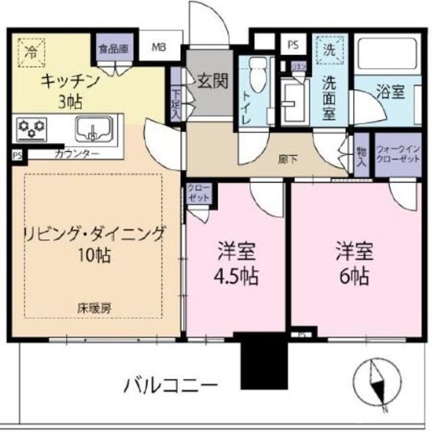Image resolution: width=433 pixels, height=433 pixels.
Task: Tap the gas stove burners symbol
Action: tap(32, 127)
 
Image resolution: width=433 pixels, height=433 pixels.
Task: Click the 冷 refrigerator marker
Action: tap(31, 51)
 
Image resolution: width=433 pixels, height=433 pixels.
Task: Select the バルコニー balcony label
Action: tap(170, 386)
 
